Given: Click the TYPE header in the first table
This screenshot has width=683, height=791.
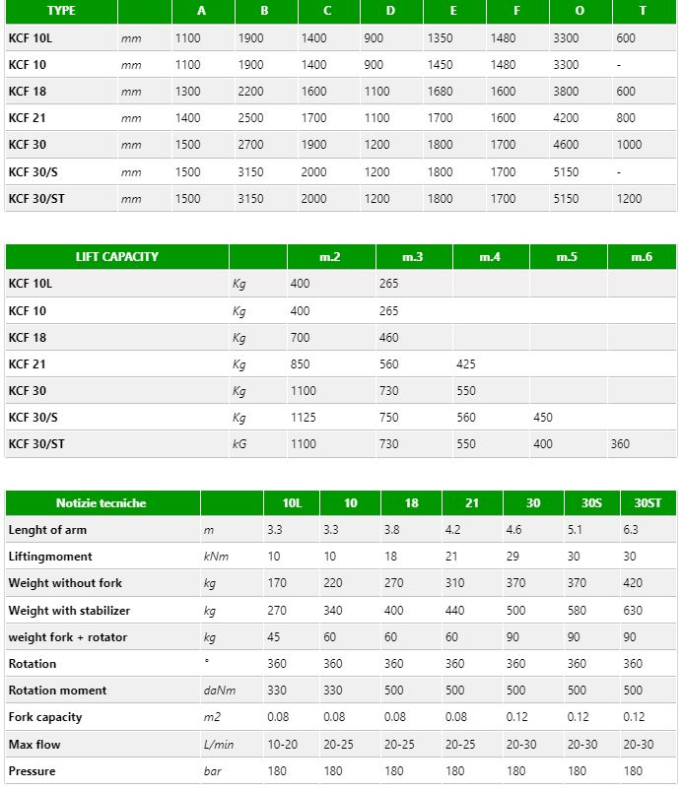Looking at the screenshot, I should [61, 11].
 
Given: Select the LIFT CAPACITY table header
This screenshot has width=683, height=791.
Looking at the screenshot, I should [116, 257].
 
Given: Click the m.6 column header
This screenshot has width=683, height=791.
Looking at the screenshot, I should [642, 257].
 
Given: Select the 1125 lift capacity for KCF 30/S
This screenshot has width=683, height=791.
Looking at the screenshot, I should [305, 418].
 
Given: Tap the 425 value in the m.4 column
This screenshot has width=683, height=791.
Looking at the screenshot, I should [466, 364].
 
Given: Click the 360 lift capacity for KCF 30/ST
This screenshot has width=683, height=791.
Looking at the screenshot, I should [619, 444].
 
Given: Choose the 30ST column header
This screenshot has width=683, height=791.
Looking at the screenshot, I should [648, 503].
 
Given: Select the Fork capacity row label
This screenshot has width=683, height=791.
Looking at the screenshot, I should [45, 717].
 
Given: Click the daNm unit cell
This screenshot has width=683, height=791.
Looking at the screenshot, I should [218, 691].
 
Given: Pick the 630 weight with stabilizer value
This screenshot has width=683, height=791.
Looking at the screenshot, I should [634, 611].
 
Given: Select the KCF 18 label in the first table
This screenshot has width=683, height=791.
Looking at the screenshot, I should [28, 92].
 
